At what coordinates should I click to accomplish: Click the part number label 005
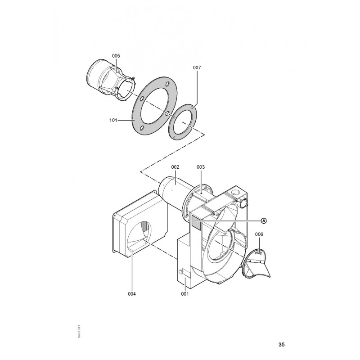(x=116, y=56)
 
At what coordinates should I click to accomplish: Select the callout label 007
(x=197, y=67)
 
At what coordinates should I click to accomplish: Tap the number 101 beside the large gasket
(x=113, y=120)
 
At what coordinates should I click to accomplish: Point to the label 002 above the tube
(x=175, y=167)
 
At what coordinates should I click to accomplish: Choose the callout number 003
(x=200, y=167)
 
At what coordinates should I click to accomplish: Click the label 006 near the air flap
(x=259, y=234)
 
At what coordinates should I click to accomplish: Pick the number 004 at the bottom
(x=132, y=294)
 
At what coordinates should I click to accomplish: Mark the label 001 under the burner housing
(x=184, y=294)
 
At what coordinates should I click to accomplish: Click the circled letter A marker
(x=264, y=220)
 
